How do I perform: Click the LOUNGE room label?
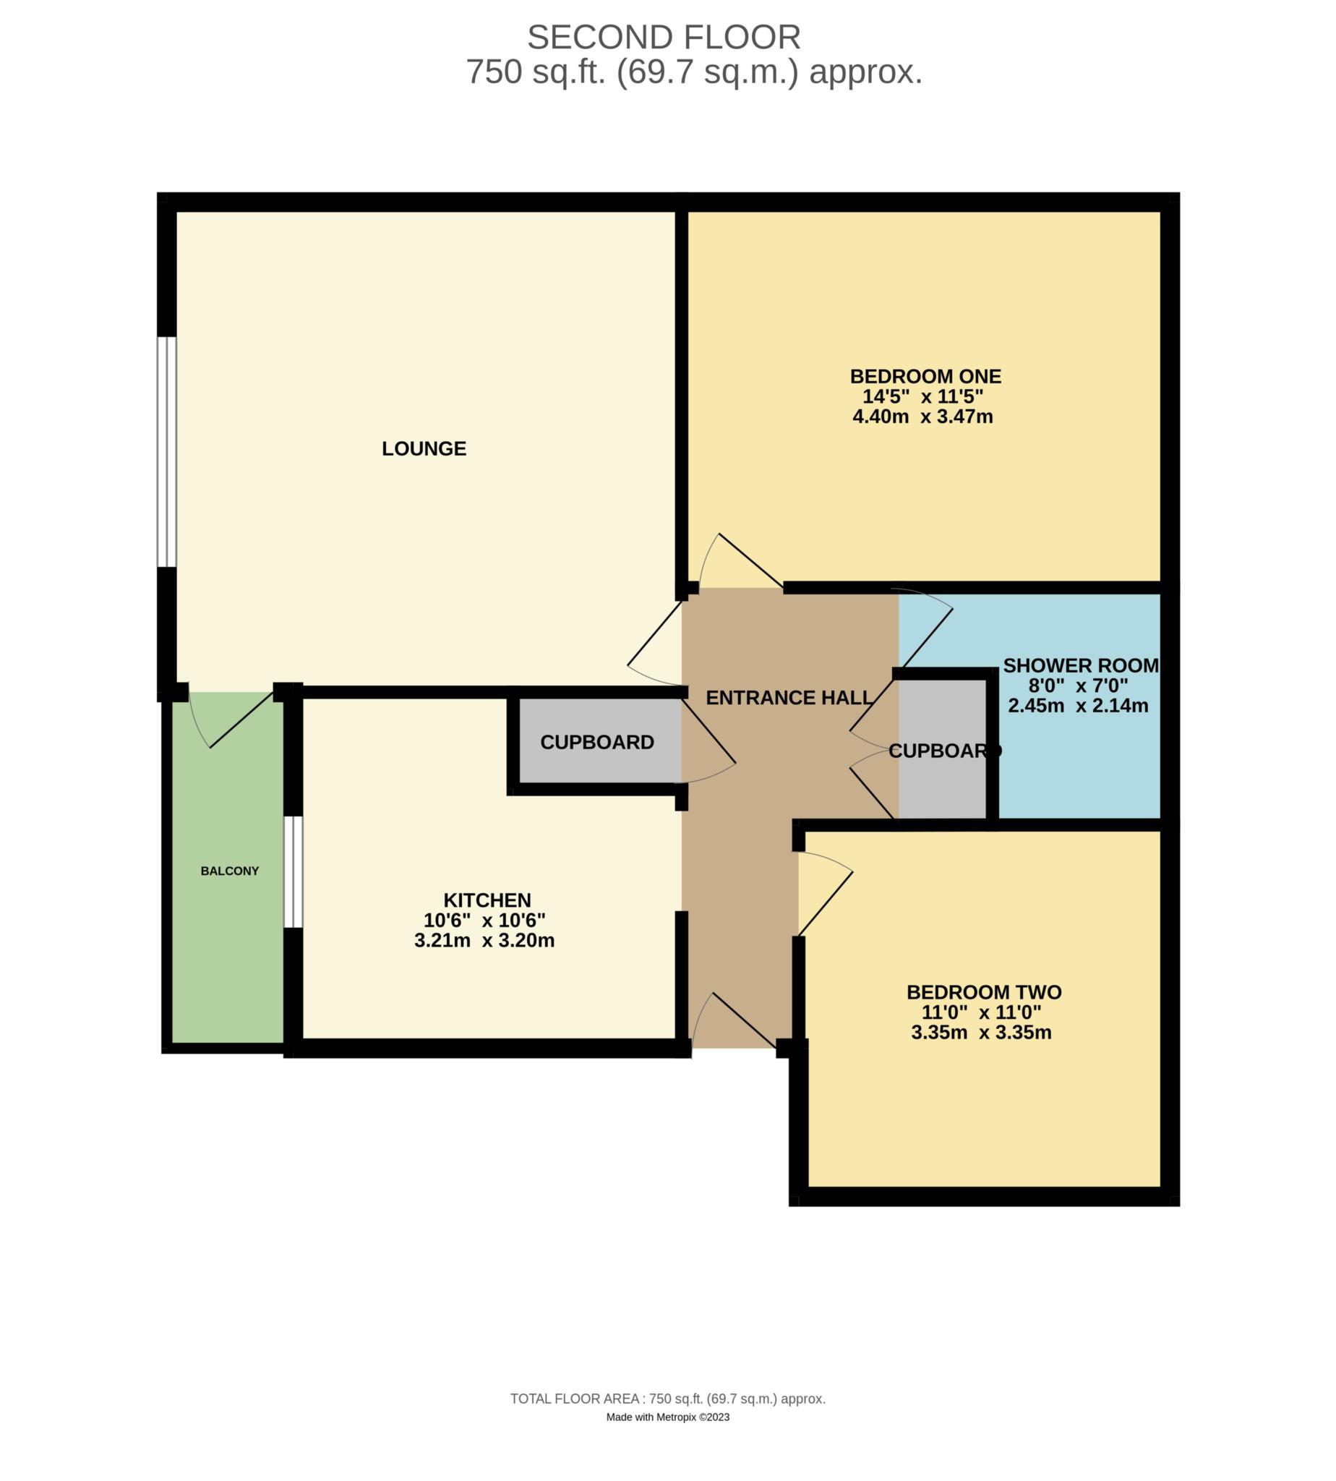click(424, 448)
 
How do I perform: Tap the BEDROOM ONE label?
click(925, 377)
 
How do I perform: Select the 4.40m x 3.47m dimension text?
click(922, 417)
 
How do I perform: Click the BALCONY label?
click(230, 871)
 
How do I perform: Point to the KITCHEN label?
click(487, 900)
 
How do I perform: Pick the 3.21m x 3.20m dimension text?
click(484, 941)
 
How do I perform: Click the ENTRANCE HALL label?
click(789, 698)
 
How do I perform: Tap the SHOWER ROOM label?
click(1081, 666)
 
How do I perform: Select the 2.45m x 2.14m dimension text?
click(1078, 707)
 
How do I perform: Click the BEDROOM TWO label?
click(984, 993)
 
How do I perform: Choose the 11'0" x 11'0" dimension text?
click(982, 1012)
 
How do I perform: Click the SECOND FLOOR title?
click(664, 38)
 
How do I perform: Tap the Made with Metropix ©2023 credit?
click(667, 1418)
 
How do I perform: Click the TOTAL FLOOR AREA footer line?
click(668, 1399)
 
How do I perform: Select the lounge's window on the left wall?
click(168, 452)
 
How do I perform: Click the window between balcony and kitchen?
click(293, 871)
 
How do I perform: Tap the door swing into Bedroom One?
click(741, 562)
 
